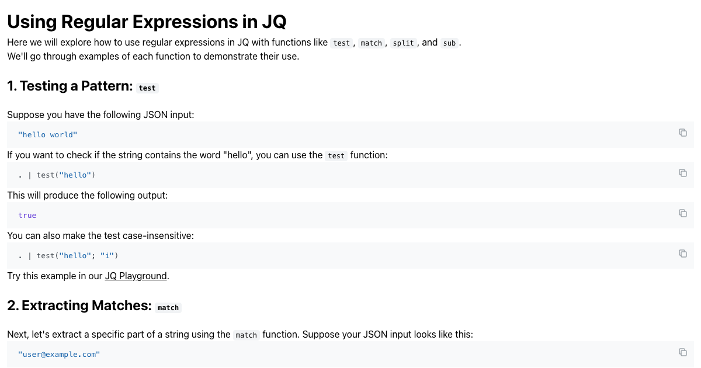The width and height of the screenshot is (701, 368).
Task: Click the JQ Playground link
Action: [136, 276]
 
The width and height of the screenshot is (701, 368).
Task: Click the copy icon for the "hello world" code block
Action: [683, 133]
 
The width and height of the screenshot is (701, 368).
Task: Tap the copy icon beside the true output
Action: [683, 213]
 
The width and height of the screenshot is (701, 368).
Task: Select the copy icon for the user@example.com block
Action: [683, 352]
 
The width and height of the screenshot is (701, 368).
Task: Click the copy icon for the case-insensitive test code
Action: [683, 254]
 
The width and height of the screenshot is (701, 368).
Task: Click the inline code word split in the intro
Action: [403, 43]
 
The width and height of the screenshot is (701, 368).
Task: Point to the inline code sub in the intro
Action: [449, 43]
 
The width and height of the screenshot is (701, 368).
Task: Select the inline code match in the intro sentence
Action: [371, 43]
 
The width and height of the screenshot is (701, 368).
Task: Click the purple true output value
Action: [27, 216]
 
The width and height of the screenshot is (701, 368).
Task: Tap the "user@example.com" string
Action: [59, 354]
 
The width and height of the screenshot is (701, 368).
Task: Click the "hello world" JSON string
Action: [47, 135]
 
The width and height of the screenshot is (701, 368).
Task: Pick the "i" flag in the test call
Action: [107, 256]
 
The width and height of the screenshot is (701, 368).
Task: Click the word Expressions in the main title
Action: [185, 22]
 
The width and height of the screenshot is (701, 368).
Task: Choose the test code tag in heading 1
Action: [147, 88]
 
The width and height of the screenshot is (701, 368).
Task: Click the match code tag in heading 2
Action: [168, 308]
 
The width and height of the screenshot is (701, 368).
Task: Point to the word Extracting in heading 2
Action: [55, 305]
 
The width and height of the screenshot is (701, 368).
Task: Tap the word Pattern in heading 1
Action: [107, 86]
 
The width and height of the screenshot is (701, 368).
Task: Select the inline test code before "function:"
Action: [336, 155]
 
